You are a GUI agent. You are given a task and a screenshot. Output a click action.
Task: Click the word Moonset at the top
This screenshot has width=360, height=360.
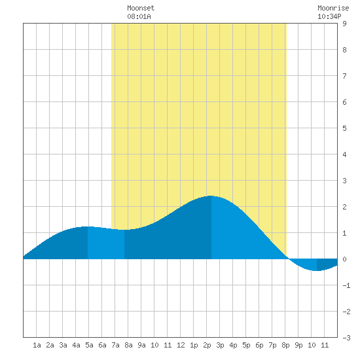coord(141,8)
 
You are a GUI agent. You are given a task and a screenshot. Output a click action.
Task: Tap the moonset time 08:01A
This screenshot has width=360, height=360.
coord(139,16)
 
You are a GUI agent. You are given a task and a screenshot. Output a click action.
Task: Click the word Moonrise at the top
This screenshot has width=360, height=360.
coord(333,8)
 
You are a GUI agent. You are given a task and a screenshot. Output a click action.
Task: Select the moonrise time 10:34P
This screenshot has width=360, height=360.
coord(329,16)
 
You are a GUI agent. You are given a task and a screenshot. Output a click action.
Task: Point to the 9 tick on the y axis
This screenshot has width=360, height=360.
coord(344,24)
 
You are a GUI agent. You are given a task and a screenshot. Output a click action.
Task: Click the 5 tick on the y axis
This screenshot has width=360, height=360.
coord(344,128)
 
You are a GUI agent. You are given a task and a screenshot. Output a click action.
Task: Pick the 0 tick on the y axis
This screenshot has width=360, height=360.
coord(344,259)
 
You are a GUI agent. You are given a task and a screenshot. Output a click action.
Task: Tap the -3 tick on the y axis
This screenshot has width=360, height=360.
coord(346,338)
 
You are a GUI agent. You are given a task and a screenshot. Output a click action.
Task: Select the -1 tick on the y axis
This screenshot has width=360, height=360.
coord(346,285)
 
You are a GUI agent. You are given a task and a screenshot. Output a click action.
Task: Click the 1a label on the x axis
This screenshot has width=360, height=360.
coord(37,345)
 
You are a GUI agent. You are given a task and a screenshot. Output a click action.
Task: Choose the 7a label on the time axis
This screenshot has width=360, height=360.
coord(115,345)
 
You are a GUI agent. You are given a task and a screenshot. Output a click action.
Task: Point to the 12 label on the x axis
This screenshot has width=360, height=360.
coord(181,345)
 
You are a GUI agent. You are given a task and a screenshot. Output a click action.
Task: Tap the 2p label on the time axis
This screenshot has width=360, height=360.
coord(207,345)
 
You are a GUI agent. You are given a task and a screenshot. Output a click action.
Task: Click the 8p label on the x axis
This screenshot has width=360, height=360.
coord(285,345)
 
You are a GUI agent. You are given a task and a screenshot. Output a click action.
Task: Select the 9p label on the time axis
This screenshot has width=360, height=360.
coord(298,345)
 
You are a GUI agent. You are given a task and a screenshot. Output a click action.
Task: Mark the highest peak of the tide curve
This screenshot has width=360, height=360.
coord(211,196)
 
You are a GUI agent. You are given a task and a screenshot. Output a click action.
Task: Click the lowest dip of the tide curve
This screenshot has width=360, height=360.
coord(317,271)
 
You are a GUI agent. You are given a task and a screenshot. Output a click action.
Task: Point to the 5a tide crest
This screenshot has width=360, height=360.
coord(87,226)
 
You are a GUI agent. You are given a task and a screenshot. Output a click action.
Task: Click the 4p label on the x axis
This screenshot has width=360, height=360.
coord(233,345)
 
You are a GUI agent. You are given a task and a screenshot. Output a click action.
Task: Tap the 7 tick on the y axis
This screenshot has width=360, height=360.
coord(344,76)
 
